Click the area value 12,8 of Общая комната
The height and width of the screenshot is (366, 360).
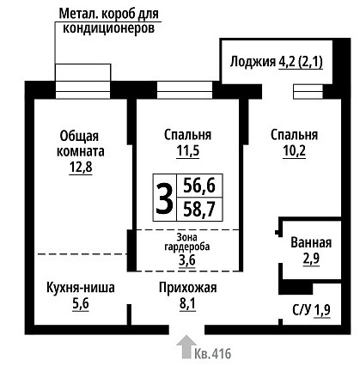[81, 167]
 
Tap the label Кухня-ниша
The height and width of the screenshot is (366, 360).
[81, 288]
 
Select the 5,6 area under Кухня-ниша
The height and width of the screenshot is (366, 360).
[81, 304]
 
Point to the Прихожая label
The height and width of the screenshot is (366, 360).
[188, 288]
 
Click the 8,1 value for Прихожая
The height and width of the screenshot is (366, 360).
[187, 304]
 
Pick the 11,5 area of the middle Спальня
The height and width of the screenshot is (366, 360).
[188, 150]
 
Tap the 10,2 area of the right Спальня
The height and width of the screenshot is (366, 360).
[294, 150]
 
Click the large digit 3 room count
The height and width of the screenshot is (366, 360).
[164, 198]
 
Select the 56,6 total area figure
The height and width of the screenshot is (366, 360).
[199, 186]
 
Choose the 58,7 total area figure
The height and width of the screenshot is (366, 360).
[199, 209]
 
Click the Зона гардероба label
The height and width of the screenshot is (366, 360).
[187, 242]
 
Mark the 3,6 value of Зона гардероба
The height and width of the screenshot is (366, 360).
[187, 260]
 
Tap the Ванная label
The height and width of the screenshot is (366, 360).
[311, 243]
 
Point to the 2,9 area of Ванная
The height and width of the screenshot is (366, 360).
[311, 259]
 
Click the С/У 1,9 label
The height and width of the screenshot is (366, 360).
[312, 310]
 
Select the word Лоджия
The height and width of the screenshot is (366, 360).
[253, 62]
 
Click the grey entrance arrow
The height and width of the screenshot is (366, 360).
[186, 347]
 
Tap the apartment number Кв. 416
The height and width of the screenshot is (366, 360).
[213, 354]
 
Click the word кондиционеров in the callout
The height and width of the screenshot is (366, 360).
[108, 28]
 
